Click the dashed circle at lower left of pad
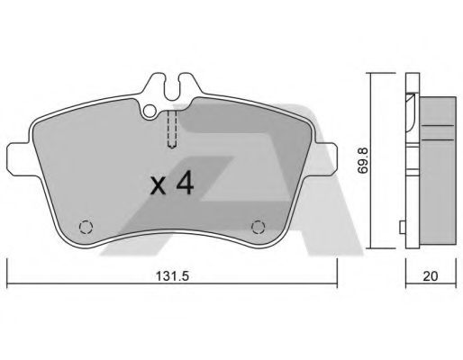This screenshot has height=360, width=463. (x=85, y=226)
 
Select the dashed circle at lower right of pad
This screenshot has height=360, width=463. (x=259, y=226)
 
